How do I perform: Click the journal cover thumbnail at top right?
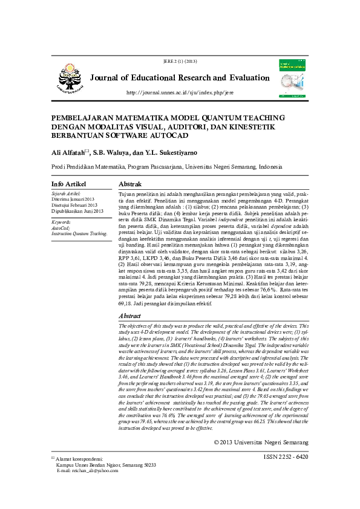point(292,78)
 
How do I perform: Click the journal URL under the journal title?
point(179,92)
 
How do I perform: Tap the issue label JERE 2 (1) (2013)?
point(180,62)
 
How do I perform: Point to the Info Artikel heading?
point(68,183)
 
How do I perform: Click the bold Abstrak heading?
point(130,183)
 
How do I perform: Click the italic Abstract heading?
point(130,316)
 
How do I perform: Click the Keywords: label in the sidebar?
point(64,222)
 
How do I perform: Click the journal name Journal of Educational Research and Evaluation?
point(180,78)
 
